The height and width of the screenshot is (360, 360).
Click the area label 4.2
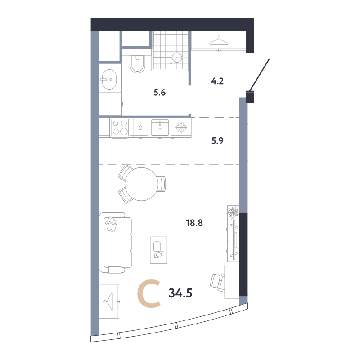(217, 81)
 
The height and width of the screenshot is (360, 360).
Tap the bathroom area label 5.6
(160, 93)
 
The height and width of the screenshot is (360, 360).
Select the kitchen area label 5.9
(217, 140)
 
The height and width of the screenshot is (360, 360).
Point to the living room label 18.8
(194, 223)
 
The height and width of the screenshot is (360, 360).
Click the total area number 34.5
(180, 293)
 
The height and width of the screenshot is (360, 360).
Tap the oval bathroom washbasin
(109, 79)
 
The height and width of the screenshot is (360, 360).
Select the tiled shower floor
(171, 49)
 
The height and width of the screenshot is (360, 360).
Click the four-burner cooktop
(120, 128)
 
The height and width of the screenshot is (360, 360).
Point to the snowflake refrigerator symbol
(181, 127)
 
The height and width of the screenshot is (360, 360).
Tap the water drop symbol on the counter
(140, 127)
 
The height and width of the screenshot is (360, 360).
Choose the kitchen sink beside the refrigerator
(160, 127)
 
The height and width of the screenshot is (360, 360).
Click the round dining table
(141, 184)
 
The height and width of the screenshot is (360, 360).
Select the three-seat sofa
(116, 243)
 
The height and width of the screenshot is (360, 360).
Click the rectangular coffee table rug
(159, 250)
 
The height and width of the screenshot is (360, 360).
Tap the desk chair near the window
(217, 283)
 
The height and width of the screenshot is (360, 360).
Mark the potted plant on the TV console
(233, 212)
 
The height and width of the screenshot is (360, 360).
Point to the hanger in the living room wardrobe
(109, 301)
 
